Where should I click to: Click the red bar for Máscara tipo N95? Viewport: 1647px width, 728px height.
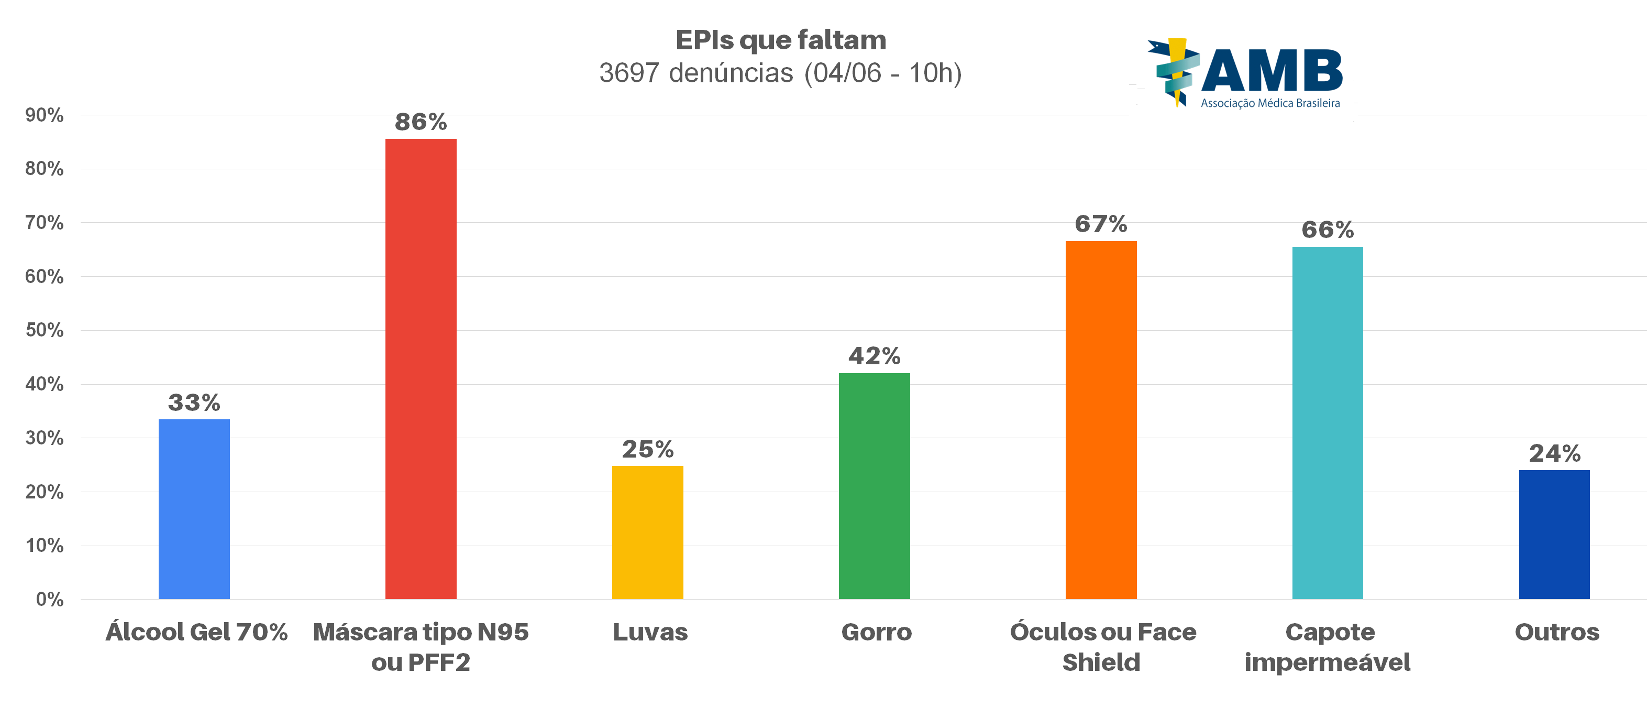[x=421, y=368]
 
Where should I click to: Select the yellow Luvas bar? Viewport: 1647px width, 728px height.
[x=647, y=533]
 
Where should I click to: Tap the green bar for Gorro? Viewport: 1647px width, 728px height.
[x=874, y=486]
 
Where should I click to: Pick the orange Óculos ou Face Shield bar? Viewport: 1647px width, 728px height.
[x=1100, y=420]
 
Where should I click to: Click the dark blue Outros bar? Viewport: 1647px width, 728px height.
[x=1554, y=535]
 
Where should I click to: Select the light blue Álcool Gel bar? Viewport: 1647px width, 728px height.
[x=194, y=509]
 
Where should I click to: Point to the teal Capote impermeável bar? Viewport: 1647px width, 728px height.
[x=1328, y=423]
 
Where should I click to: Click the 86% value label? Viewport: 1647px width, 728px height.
[x=421, y=122]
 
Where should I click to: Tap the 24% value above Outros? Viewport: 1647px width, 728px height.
[x=1554, y=453]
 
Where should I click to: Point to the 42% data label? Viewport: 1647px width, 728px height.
[x=874, y=356]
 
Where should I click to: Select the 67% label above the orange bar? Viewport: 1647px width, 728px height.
[x=1100, y=224]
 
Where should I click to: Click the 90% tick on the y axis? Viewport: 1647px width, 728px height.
[x=44, y=115]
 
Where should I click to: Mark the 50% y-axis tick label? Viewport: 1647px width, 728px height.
[x=44, y=330]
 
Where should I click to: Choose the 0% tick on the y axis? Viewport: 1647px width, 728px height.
[x=49, y=600]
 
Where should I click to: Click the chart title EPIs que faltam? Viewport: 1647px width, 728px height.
[x=781, y=40]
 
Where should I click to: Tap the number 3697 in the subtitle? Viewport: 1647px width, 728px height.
[x=628, y=73]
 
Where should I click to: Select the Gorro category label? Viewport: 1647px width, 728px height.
[x=876, y=632]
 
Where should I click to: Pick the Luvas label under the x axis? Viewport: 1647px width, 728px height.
[x=649, y=632]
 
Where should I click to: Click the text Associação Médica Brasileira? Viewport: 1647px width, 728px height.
[x=1270, y=103]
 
